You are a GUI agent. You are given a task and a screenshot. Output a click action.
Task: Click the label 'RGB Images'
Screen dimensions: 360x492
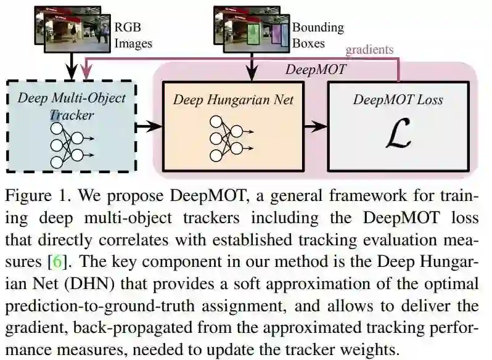tap(133, 35)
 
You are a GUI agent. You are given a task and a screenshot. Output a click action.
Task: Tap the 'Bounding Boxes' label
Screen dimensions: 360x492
tap(318, 35)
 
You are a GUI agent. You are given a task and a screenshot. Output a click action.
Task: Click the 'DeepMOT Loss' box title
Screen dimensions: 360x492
tap(398, 100)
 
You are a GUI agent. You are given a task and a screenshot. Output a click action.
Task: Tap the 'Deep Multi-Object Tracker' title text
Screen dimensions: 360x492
tap(72, 106)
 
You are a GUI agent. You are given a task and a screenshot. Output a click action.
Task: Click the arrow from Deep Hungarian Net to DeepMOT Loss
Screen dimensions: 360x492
tap(316, 127)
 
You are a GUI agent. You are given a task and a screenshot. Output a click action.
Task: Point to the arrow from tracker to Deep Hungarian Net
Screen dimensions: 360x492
tap(148, 127)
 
